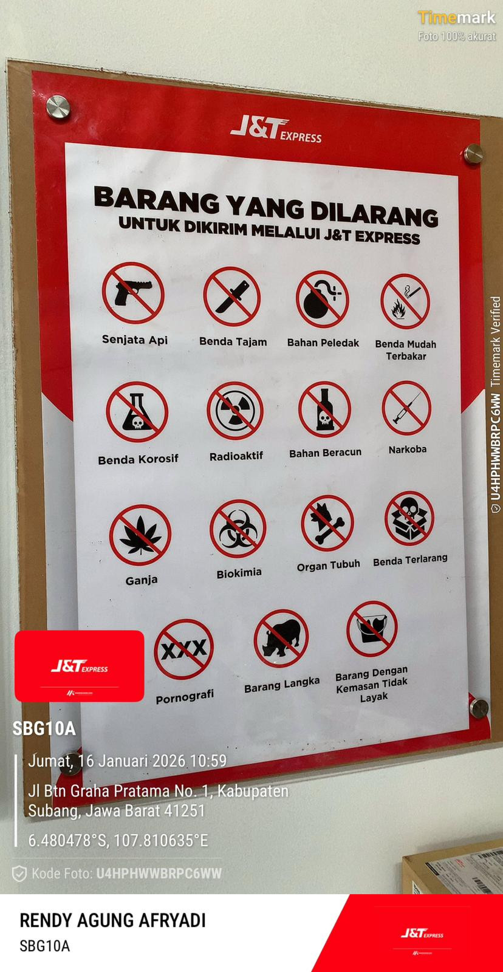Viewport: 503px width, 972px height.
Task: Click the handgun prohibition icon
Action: [133, 293]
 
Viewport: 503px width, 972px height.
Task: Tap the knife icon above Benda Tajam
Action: [232, 296]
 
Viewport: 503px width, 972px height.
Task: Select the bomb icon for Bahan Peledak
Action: [322, 299]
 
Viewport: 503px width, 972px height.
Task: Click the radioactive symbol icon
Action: [235, 411]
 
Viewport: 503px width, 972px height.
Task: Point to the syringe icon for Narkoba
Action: [406, 408]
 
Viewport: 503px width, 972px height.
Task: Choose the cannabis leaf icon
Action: [140, 535]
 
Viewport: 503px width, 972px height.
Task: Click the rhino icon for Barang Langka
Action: [281, 638]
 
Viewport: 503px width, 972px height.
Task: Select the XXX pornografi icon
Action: [183, 649]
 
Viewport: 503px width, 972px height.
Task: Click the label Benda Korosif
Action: [138, 459]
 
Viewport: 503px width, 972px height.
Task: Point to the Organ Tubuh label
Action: [329, 566]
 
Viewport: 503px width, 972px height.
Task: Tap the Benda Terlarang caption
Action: [410, 560]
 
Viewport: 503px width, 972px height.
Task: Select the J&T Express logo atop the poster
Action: [276, 130]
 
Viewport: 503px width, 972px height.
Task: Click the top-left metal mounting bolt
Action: [58, 107]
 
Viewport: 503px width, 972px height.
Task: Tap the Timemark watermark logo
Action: [457, 18]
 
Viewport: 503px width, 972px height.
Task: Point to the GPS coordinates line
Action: [118, 840]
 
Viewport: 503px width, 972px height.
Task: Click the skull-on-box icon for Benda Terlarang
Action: [409, 519]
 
